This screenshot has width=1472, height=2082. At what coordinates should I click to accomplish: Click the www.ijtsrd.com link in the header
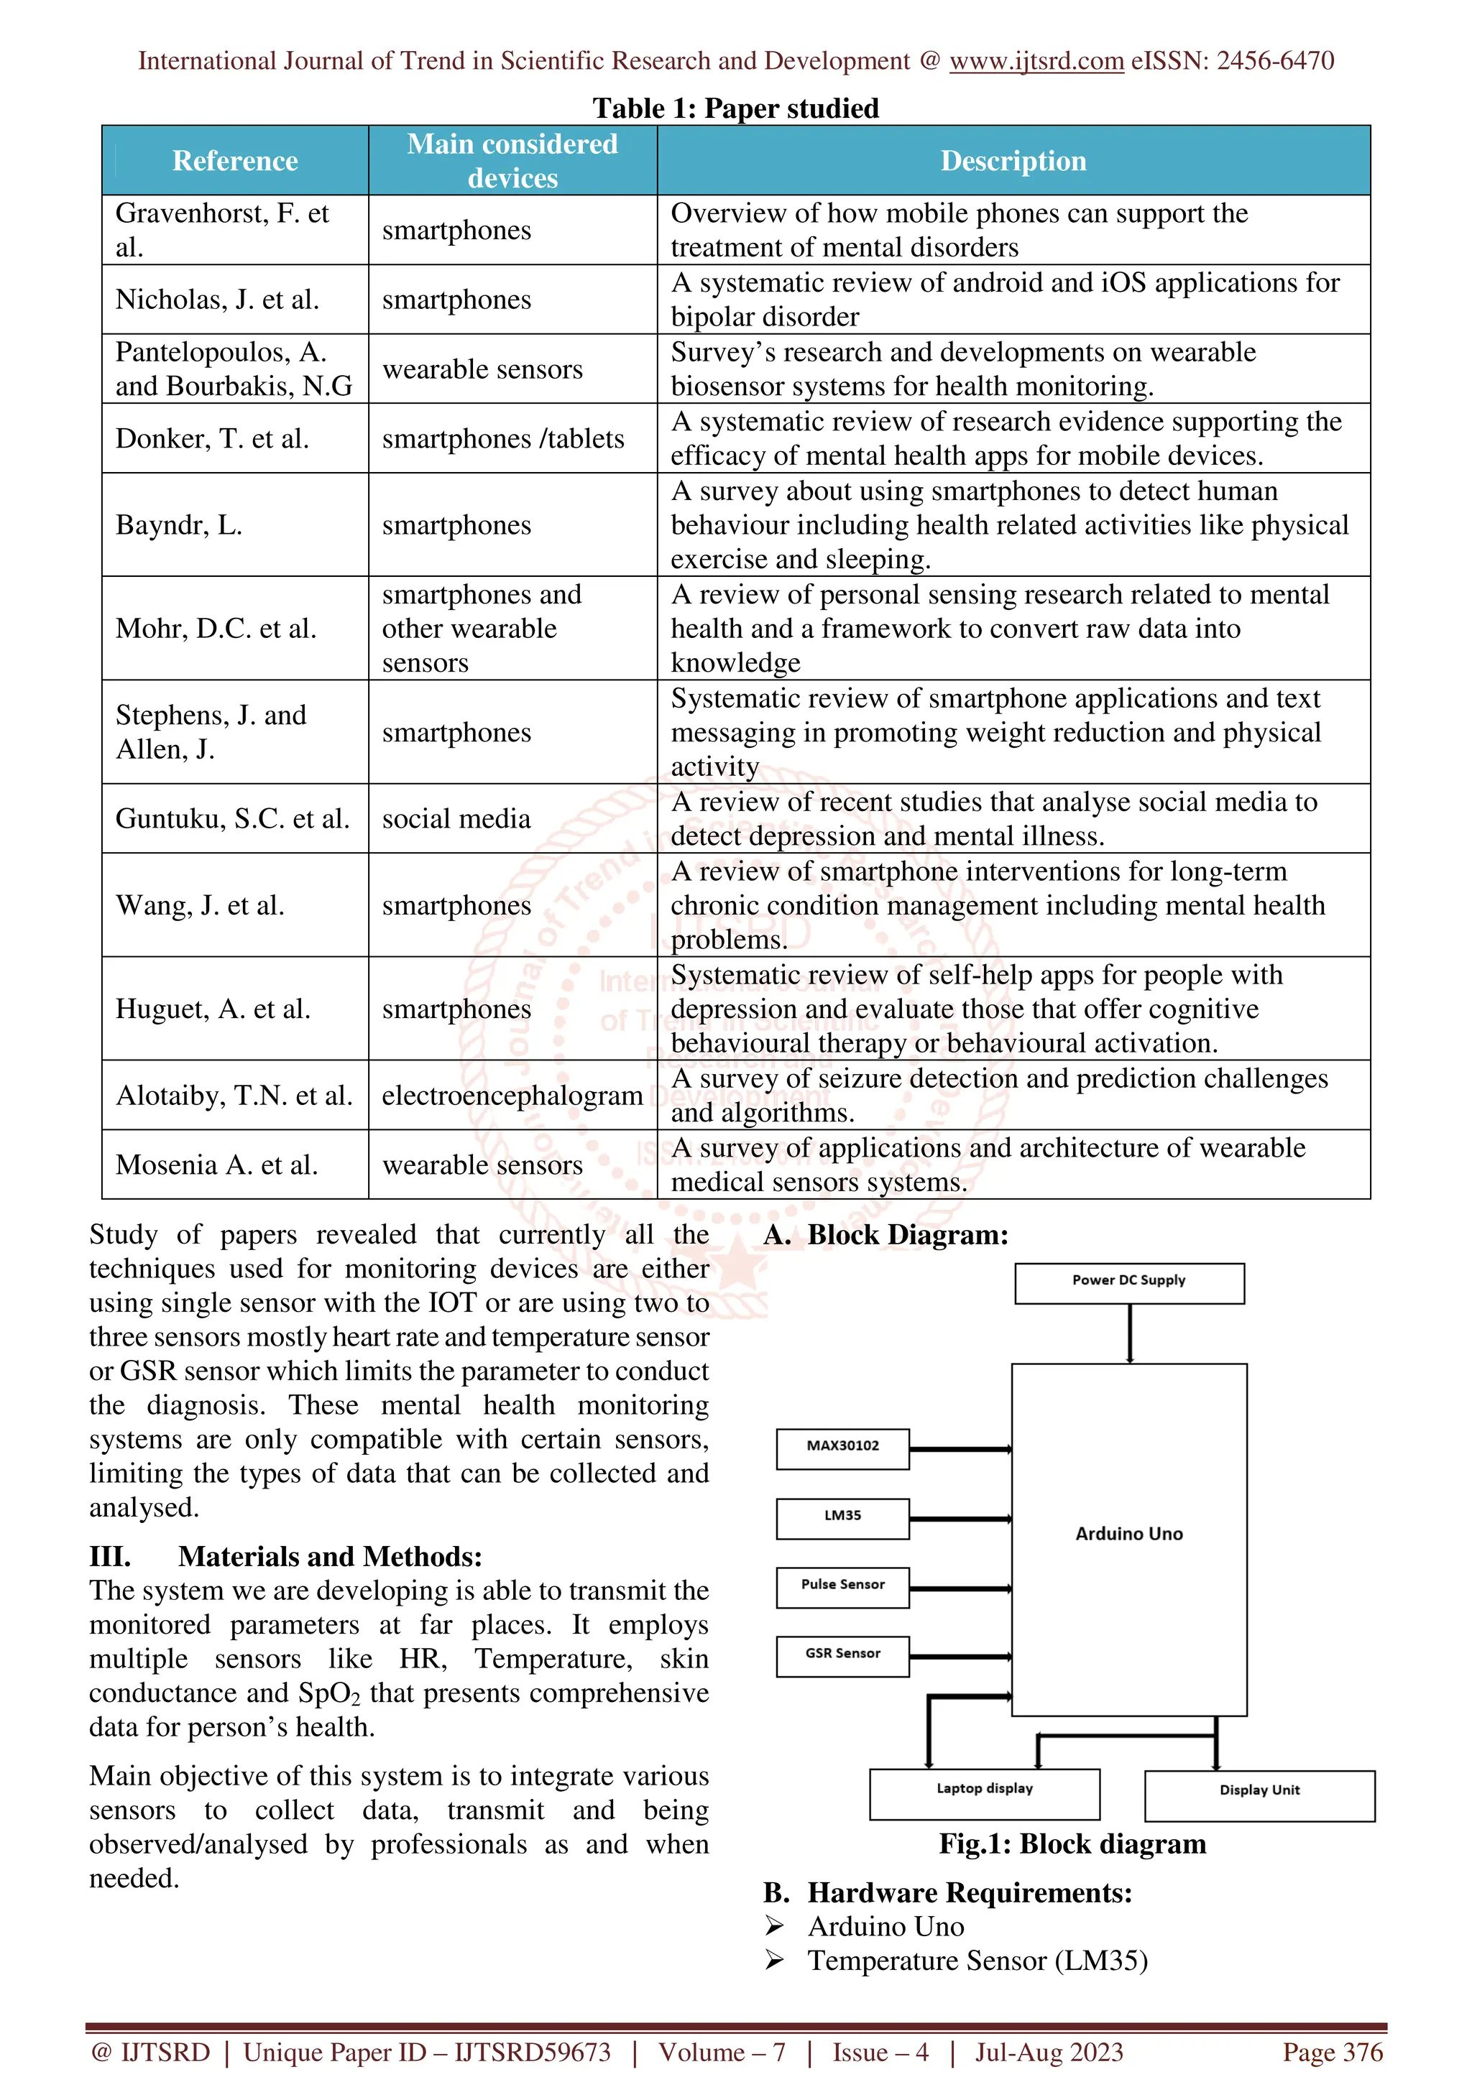click(1036, 61)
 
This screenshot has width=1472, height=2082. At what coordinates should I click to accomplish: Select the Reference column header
click(235, 160)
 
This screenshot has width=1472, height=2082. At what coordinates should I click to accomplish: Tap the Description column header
click(1013, 160)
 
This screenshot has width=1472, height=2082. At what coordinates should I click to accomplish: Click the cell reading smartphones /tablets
click(503, 439)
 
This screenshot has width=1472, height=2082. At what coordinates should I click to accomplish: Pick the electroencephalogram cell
click(512, 1096)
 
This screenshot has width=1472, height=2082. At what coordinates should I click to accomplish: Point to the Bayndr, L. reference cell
click(179, 525)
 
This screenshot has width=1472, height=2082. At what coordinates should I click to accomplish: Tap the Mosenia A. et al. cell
click(217, 1165)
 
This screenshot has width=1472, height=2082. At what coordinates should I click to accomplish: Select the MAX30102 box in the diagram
click(842, 1448)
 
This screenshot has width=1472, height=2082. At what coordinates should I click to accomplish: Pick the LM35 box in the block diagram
click(842, 1518)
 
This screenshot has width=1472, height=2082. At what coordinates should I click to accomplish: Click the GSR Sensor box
click(842, 1656)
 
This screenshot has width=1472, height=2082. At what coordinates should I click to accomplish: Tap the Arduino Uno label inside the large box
click(1129, 1533)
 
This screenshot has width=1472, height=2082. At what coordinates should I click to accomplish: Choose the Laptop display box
click(984, 1792)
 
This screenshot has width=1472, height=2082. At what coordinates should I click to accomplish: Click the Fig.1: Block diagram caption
click(1072, 1844)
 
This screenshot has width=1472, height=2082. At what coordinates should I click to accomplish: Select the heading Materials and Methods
click(330, 1557)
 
